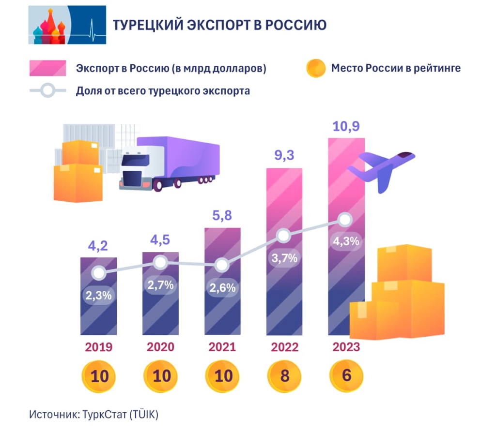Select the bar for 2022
[284, 290]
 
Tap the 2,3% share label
[99, 295]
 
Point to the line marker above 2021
[222, 265]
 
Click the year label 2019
[99, 347]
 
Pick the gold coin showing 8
[284, 376]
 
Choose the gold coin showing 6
[346, 376]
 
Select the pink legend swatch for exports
[47, 68]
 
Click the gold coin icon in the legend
[316, 68]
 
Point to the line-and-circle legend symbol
[47, 91]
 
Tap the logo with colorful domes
[67, 25]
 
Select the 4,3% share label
[346, 241]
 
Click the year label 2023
[346, 347]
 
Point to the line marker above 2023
[345, 220]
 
